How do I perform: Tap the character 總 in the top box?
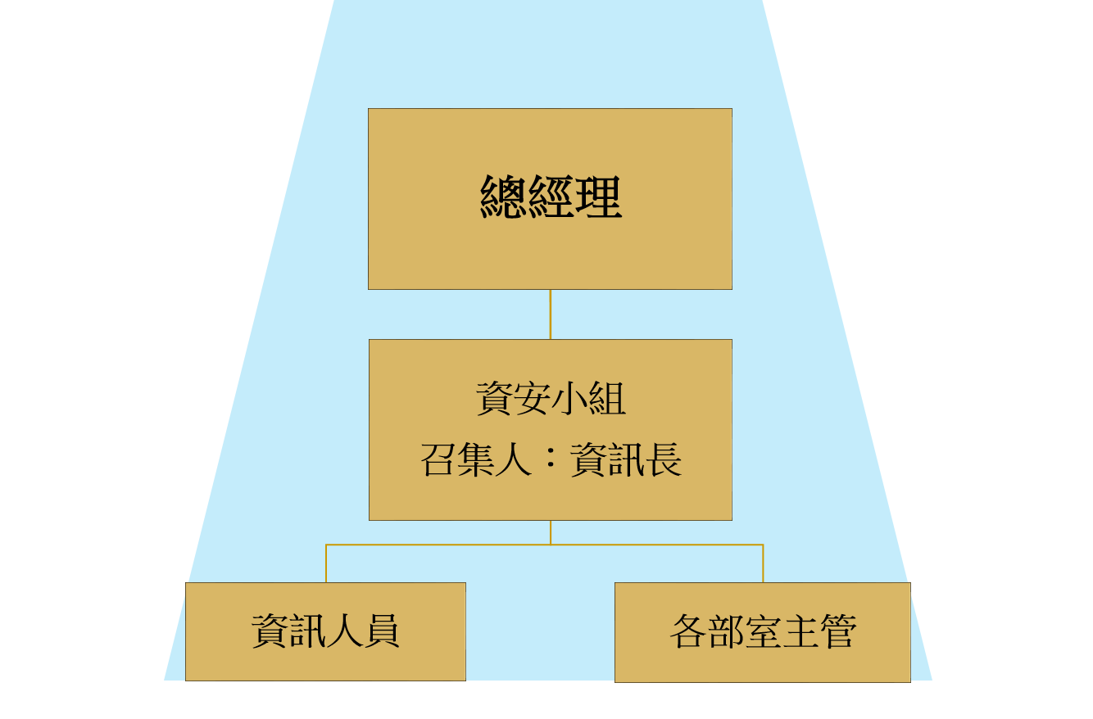pyautogui.click(x=503, y=197)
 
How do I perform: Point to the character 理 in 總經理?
pyautogui.click(x=598, y=197)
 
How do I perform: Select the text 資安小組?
pyautogui.click(x=551, y=399)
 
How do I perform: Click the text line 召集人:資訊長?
pyautogui.click(x=551, y=460)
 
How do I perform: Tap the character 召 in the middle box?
pyautogui.click(x=439, y=460)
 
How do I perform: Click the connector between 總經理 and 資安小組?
pyautogui.click(x=550, y=314)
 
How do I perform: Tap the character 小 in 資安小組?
pyautogui.click(x=569, y=399)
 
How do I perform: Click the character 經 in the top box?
pyautogui.click(x=551, y=197)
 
